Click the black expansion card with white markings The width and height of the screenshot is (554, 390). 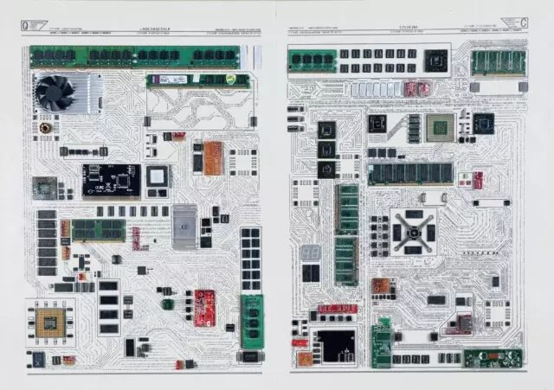(x=111, y=180)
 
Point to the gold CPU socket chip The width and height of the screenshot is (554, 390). (x=49, y=323)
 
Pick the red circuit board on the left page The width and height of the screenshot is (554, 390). (x=204, y=308)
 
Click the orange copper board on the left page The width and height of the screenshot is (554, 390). (x=213, y=157)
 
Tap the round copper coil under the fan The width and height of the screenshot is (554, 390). (x=45, y=128)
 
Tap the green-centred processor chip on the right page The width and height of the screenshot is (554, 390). (x=439, y=127)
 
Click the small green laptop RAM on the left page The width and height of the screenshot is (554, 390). (x=97, y=229)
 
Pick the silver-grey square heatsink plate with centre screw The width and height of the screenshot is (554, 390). (x=184, y=227)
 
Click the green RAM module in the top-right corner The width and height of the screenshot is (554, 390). (x=499, y=62)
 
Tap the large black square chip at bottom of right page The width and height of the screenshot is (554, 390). (x=333, y=345)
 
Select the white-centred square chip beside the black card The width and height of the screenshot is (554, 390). (x=157, y=176)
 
